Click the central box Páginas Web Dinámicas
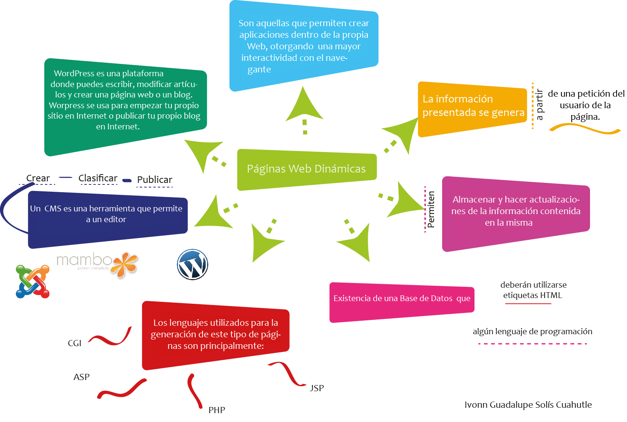click(x=307, y=169)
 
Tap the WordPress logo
click(x=193, y=265)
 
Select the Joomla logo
click(x=33, y=281)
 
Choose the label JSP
click(x=317, y=388)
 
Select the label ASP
click(x=82, y=377)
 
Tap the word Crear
click(x=38, y=178)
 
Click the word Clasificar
click(x=98, y=178)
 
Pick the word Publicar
click(x=155, y=180)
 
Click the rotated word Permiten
click(x=431, y=209)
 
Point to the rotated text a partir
click(x=540, y=105)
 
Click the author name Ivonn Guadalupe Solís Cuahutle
click(x=528, y=405)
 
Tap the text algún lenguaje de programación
click(x=533, y=332)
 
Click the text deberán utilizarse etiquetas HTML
click(x=533, y=290)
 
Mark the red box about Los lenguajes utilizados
click(x=215, y=334)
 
